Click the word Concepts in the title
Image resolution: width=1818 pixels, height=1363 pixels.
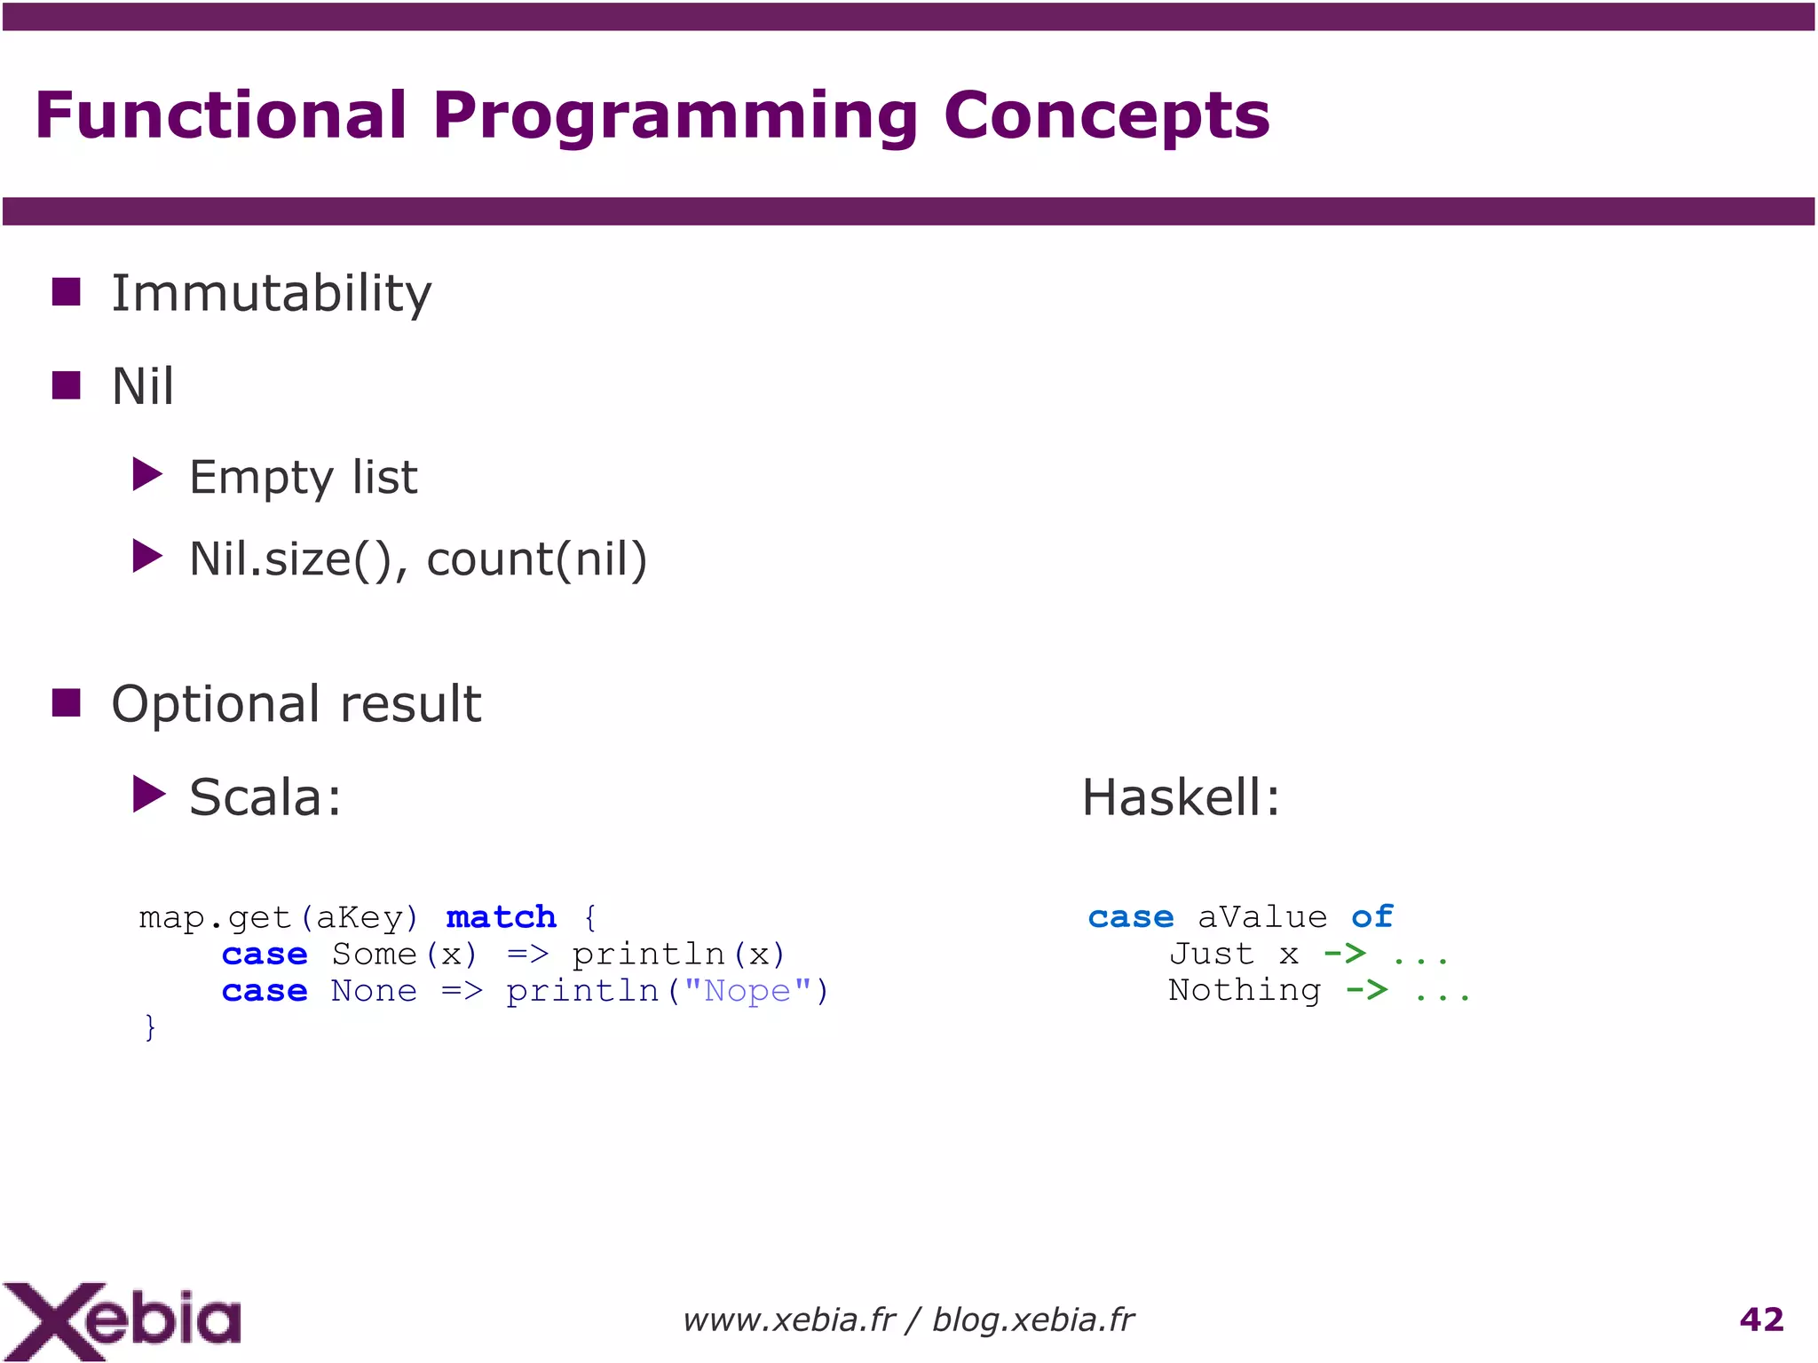1105,116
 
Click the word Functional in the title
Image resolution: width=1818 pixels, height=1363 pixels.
220,116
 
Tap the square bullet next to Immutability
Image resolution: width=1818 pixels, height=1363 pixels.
67,291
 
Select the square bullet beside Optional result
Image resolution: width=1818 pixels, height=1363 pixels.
67,702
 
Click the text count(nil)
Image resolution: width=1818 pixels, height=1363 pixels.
536,559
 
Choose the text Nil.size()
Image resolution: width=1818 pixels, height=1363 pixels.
290,559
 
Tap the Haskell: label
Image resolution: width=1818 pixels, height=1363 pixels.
1181,796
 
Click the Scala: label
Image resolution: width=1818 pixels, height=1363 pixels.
265,796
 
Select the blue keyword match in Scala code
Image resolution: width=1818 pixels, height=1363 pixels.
501,916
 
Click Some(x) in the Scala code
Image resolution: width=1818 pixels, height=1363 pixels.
405,954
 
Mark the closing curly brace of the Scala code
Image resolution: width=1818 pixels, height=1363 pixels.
150,1026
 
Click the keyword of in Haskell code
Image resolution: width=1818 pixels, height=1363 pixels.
1371,916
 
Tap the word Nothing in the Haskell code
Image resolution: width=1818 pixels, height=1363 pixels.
1244,990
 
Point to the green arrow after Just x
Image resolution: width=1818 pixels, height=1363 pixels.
1344,954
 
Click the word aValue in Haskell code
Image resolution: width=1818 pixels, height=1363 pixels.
1261,916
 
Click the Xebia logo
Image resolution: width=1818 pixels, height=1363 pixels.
122,1320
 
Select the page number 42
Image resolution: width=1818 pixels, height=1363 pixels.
1761,1319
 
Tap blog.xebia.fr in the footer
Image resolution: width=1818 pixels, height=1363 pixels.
1032,1320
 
